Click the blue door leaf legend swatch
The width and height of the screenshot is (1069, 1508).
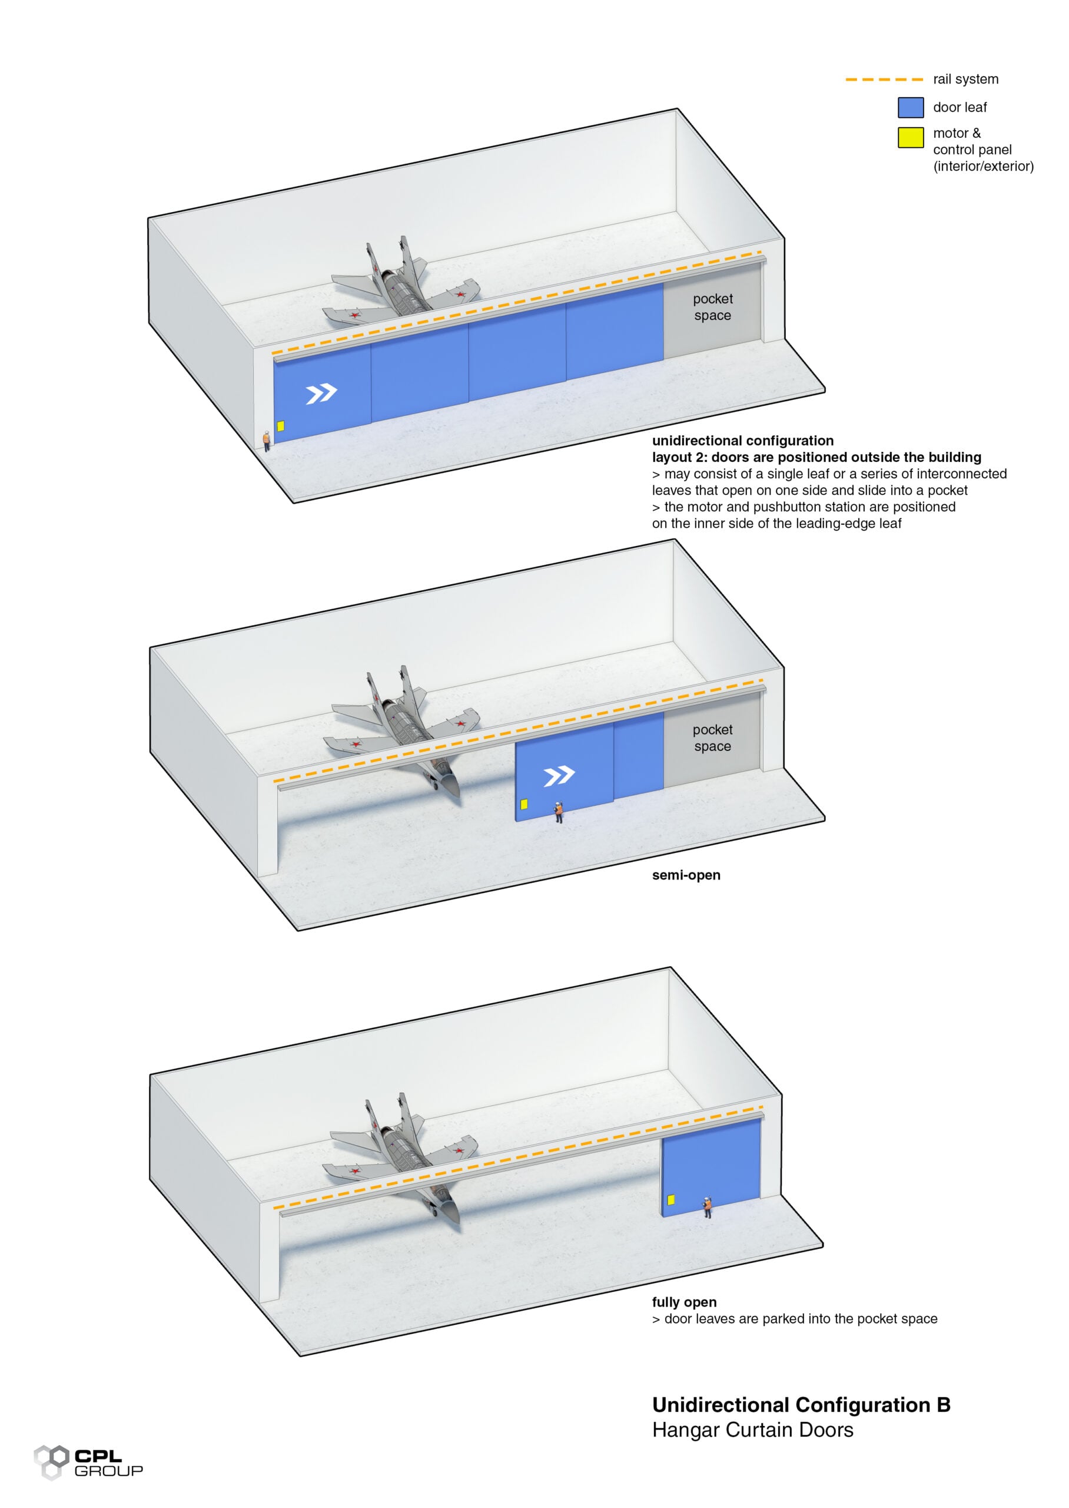click(x=911, y=107)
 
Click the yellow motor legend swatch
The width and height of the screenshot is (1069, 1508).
click(x=911, y=137)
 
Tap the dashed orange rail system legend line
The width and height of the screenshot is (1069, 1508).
click(x=884, y=80)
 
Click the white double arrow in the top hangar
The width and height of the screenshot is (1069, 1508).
click(x=321, y=394)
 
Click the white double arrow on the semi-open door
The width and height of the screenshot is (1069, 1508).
click(x=559, y=776)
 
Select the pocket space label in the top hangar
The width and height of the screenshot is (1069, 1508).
click(x=712, y=307)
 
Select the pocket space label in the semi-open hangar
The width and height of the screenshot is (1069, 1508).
click(x=712, y=738)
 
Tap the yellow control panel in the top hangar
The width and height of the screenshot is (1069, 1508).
click(x=280, y=426)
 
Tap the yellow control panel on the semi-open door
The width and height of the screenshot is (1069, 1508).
click(x=524, y=804)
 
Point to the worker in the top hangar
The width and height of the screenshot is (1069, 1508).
click(x=267, y=440)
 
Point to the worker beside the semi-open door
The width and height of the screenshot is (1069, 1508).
click(x=558, y=812)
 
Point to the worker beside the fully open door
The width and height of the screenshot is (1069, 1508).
click(x=708, y=1207)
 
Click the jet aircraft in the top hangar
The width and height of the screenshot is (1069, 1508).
click(x=401, y=290)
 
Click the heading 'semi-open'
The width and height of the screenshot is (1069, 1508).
click(x=686, y=875)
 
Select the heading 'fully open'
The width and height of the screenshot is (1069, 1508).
click(x=684, y=1302)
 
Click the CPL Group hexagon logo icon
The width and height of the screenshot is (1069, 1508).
click(x=51, y=1462)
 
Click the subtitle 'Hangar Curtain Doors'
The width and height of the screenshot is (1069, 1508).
click(x=752, y=1430)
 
